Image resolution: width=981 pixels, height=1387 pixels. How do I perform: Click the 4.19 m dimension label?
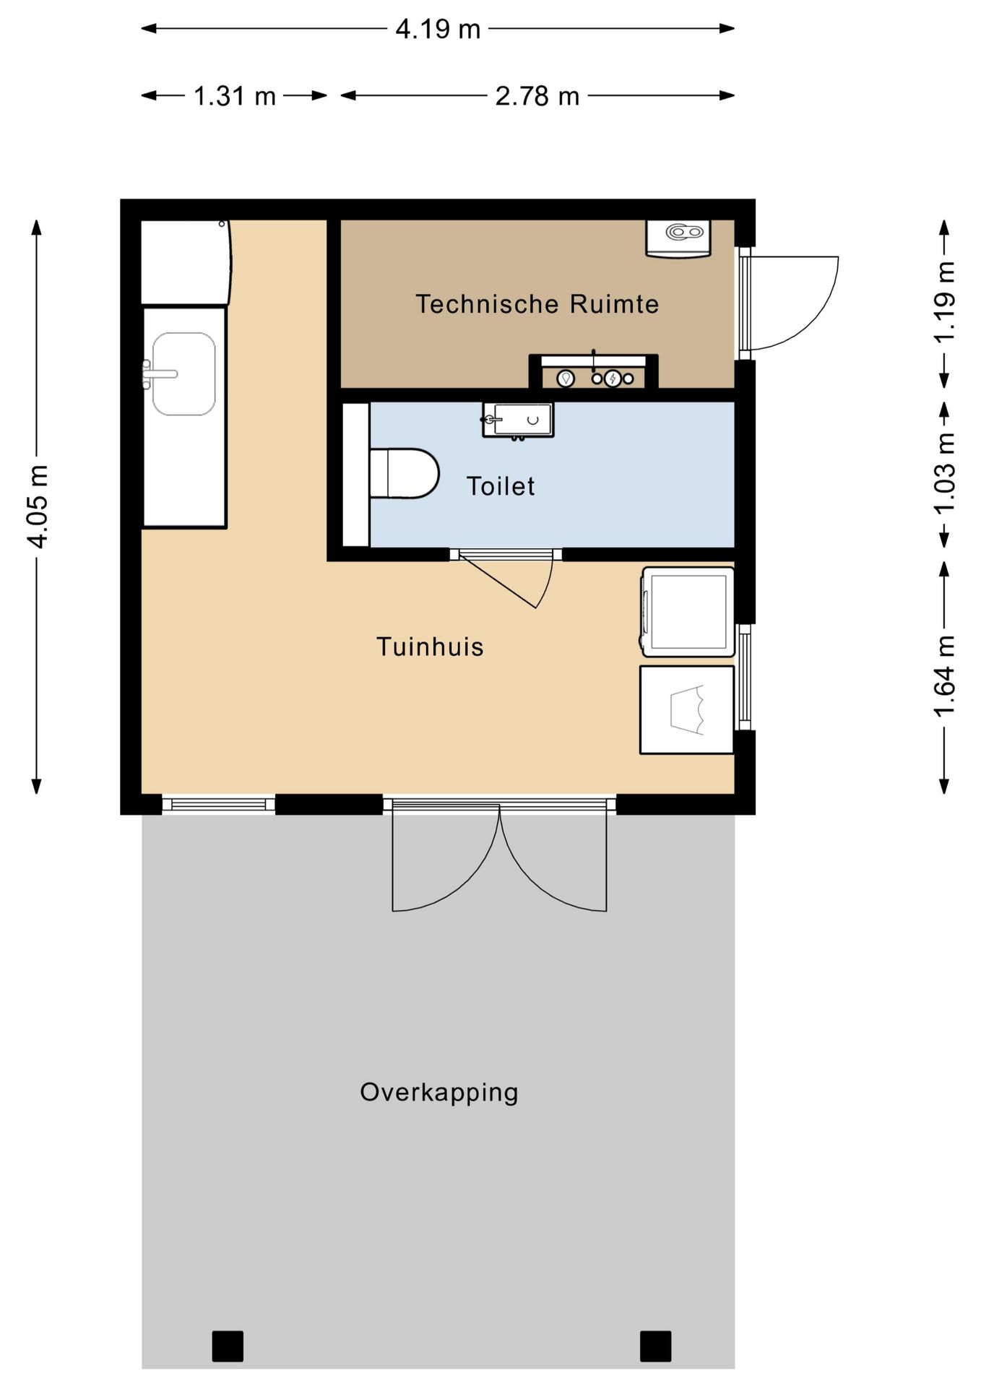438,29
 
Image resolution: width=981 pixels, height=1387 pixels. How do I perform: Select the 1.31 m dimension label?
235,95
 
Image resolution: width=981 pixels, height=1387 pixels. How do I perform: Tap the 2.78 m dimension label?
537,95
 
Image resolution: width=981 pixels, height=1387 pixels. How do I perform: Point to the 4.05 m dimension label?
37,506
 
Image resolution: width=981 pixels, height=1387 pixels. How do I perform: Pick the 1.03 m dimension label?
945,473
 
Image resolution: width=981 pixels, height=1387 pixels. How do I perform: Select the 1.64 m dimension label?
945,676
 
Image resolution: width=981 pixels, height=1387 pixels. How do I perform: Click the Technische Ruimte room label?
537,304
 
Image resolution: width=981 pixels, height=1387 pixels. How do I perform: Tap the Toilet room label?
501,486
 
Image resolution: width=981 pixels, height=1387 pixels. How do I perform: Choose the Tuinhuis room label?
430,647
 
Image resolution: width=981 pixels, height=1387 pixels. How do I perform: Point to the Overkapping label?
439,1092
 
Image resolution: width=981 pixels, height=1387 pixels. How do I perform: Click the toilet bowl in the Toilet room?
404,473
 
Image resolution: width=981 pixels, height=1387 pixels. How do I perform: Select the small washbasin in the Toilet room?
518,420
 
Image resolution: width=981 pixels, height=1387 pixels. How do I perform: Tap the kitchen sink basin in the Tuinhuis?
183,373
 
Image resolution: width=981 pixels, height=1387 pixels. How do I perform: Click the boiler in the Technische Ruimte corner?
678,238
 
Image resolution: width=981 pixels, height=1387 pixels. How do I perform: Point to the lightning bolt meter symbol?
613,378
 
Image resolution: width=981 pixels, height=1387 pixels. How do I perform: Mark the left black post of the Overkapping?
228,1346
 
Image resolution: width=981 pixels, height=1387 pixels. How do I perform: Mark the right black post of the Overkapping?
655,1346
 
